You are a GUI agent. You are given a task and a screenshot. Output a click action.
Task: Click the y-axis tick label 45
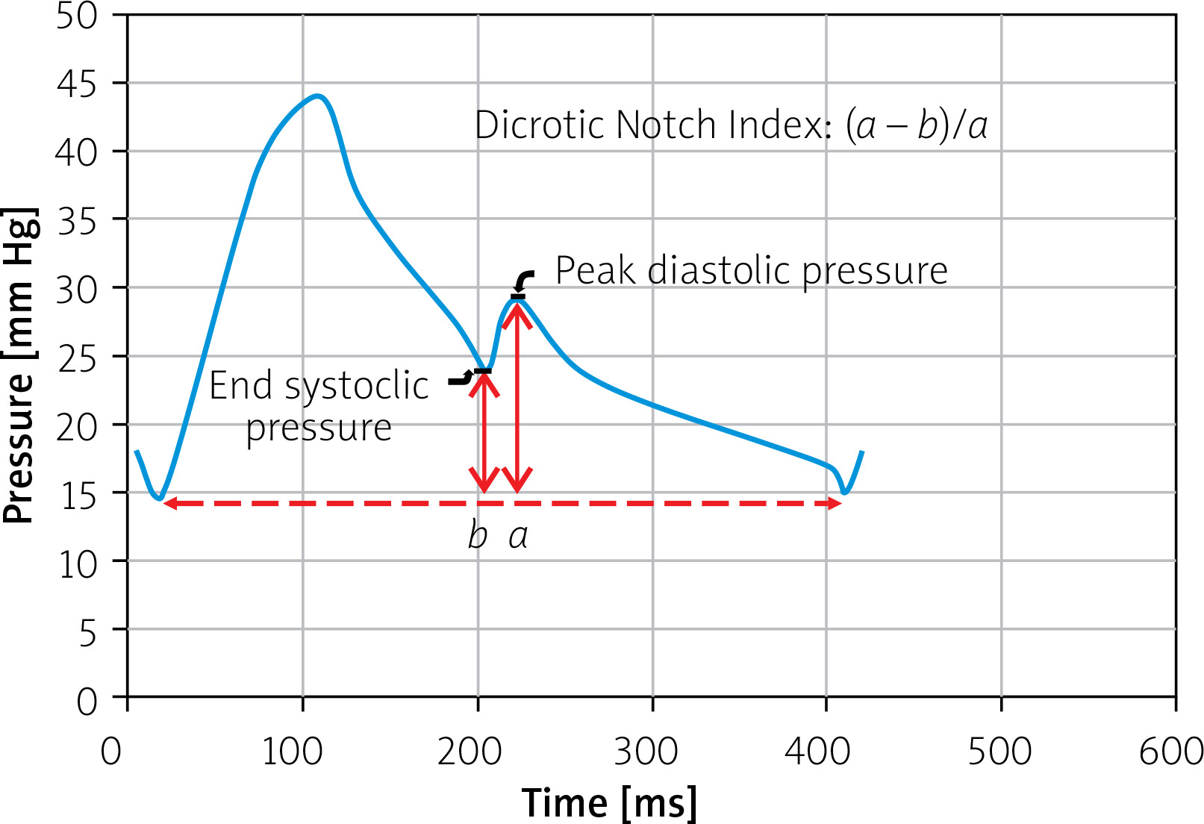point(77,84)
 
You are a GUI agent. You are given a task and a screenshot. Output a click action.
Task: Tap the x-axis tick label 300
point(646,752)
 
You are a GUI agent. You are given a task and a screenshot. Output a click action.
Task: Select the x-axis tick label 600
point(1170,752)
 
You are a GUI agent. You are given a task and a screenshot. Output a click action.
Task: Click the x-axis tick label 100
point(293,752)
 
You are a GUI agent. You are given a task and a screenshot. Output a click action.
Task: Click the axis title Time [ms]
point(609,803)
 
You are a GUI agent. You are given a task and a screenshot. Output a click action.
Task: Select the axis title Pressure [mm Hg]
point(20,366)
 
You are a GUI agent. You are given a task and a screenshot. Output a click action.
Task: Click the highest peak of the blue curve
point(318,96)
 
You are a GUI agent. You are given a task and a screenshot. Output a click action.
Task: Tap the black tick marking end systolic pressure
point(483,371)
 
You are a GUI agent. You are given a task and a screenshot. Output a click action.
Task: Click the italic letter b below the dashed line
point(478,536)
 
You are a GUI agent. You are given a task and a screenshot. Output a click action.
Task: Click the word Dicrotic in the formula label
point(540,125)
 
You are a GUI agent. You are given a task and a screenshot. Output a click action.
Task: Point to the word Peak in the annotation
point(596,270)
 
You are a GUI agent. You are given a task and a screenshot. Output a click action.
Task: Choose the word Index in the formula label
point(779,125)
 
